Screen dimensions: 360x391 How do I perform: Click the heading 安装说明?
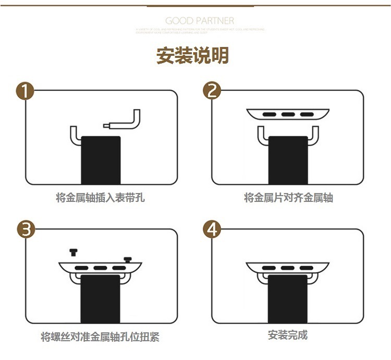[193, 55]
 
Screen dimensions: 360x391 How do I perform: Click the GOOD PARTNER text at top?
[200, 21]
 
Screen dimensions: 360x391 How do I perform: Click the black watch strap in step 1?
[101, 159]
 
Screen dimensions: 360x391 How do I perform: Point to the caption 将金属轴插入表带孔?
[100, 198]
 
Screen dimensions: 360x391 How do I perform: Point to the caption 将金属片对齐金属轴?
[288, 198]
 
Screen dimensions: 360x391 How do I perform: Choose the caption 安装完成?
[288, 335]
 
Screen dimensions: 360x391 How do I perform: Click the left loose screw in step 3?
[73, 253]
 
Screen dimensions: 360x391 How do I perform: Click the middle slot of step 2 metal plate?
[288, 114]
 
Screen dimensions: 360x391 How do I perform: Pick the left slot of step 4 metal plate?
[269, 268]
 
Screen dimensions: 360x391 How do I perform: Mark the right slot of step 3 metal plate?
[119, 268]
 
